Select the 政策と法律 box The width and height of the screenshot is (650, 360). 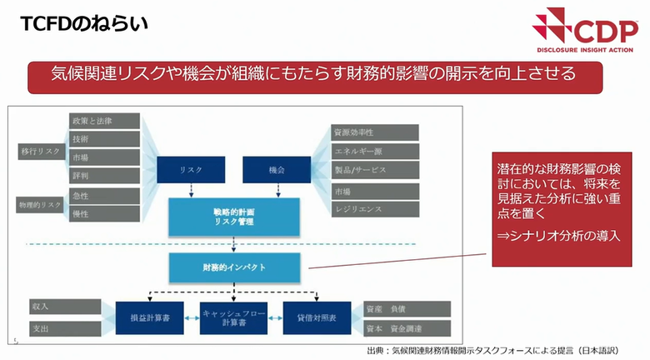pyautogui.click(x=104, y=120)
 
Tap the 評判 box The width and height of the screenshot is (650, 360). pyautogui.click(x=104, y=175)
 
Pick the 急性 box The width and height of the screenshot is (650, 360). pyautogui.click(x=104, y=195)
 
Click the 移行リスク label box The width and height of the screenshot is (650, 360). pyautogui.click(x=39, y=152)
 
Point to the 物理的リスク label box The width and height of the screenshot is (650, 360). pyautogui.click(x=39, y=204)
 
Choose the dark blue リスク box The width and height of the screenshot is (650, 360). pyautogui.click(x=191, y=169)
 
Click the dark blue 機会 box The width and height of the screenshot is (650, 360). pyautogui.click(x=277, y=169)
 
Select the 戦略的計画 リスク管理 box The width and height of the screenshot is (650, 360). pyautogui.click(x=233, y=217)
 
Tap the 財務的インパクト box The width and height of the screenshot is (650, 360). pyautogui.click(x=233, y=267)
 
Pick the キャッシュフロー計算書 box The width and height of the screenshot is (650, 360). pyautogui.click(x=233, y=317)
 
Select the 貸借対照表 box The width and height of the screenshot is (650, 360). pyautogui.click(x=318, y=317)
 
